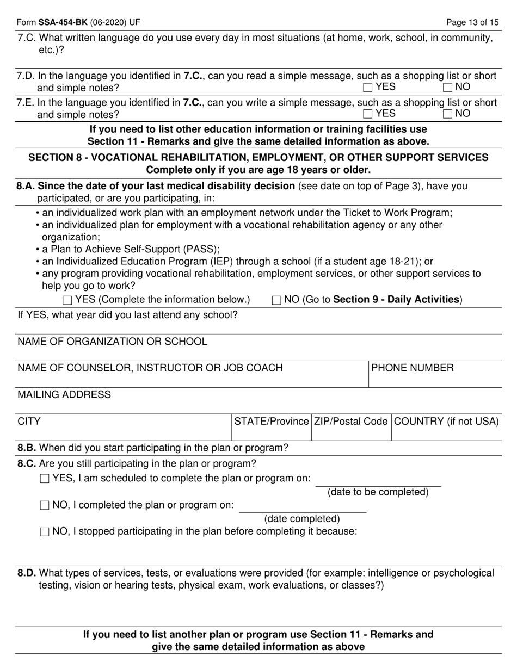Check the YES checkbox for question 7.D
click(368, 87)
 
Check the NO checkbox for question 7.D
click(448, 87)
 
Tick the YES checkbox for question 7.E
click(368, 114)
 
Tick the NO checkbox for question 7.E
click(448, 114)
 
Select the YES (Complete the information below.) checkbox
click(67, 300)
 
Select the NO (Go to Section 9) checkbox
click(276, 300)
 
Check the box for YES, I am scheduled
click(45, 479)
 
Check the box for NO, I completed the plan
click(45, 505)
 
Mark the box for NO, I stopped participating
click(45, 532)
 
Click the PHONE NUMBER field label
click(412, 368)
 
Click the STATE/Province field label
click(271, 422)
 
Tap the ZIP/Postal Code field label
click(350, 422)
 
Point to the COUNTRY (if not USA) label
click(446, 422)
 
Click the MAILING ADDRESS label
click(64, 395)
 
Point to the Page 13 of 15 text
click(472, 22)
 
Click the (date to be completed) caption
click(378, 492)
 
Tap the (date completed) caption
click(302, 519)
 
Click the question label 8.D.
click(27, 573)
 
